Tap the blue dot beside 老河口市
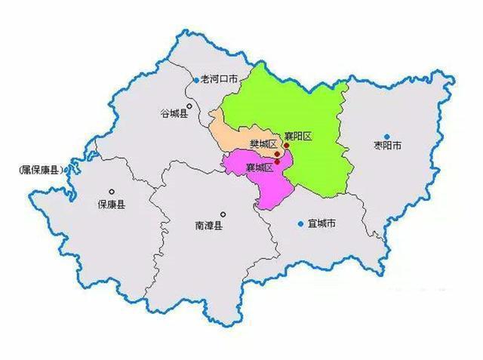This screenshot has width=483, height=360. (x=196, y=79)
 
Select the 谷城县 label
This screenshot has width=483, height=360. (x=174, y=114)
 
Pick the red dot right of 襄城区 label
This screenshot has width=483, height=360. (x=278, y=161)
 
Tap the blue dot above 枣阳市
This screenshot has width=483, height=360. (x=386, y=137)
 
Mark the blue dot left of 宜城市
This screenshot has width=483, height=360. (x=300, y=223)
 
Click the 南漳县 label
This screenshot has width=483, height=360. (x=208, y=224)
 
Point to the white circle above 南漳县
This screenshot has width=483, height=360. (x=223, y=214)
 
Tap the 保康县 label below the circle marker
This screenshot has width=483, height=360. (x=111, y=204)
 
